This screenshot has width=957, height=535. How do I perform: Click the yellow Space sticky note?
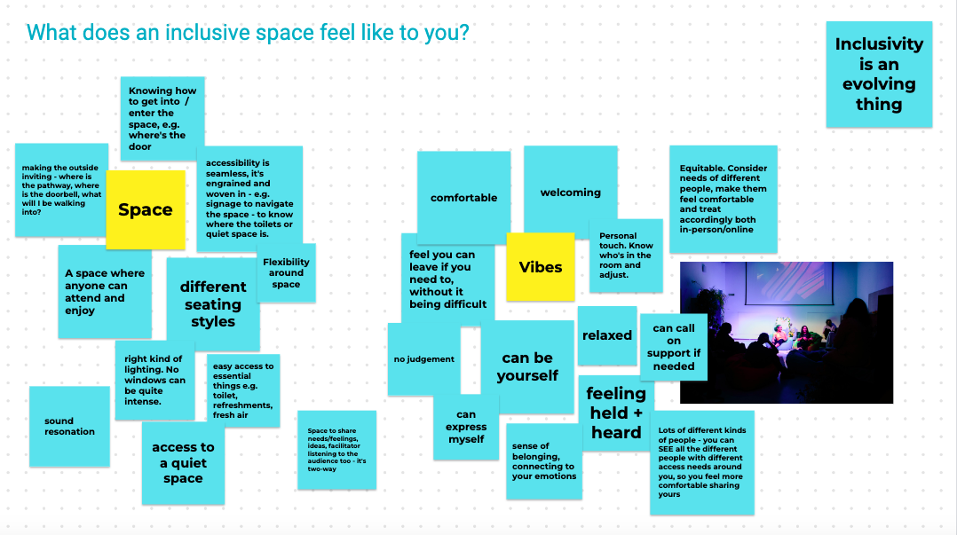(146, 209)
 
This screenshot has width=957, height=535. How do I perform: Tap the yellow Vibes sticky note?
(540, 266)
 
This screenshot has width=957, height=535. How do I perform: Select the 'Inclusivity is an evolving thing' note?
(879, 75)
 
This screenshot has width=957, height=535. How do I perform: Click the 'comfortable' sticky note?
(463, 193)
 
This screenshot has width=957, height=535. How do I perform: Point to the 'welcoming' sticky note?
(570, 189)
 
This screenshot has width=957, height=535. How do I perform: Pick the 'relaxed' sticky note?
(607, 335)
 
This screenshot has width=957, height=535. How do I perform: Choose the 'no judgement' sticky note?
(424, 359)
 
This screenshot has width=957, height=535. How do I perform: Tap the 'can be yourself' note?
(527, 366)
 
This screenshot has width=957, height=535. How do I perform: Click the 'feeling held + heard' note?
(616, 413)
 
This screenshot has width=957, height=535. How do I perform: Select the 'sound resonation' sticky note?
(69, 427)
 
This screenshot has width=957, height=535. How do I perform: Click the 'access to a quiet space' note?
(183, 463)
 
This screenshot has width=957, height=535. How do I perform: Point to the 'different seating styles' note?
(213, 303)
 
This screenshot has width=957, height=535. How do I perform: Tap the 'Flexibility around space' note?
(286, 272)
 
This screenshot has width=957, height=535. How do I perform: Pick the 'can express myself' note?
(466, 427)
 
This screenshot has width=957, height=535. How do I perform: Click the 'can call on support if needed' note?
(673, 347)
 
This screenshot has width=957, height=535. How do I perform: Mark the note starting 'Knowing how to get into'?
(162, 118)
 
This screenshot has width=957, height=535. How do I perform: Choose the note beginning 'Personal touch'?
(626, 256)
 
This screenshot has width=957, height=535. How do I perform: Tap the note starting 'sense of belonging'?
(544, 461)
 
